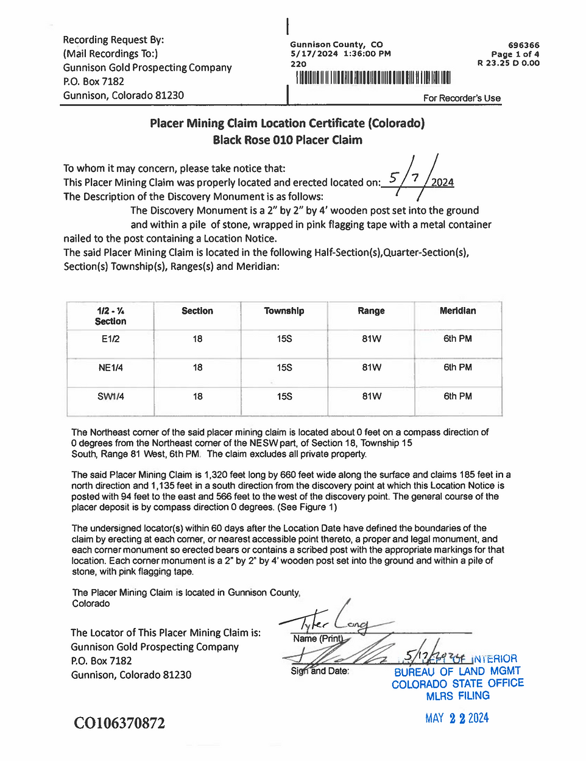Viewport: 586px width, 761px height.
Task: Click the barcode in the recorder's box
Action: click(x=373, y=77)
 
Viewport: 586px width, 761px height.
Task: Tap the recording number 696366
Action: click(x=523, y=45)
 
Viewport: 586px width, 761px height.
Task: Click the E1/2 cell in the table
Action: click(x=110, y=339)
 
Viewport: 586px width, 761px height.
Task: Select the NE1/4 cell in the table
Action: click(x=110, y=367)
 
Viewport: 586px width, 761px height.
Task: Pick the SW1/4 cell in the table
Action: click(x=110, y=396)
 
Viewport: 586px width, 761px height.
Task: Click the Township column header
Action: click(x=284, y=311)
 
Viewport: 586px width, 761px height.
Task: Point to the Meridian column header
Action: click(x=457, y=311)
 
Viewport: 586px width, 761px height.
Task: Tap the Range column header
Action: click(x=371, y=311)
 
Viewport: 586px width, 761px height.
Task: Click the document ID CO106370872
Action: click(x=119, y=723)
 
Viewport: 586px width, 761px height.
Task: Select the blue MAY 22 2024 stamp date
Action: click(x=457, y=718)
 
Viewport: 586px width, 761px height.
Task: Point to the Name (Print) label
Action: click(x=317, y=639)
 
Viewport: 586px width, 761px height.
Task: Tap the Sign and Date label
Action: click(x=320, y=671)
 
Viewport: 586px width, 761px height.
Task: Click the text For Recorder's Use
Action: click(x=462, y=98)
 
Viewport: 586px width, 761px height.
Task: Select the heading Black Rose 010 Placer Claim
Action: click(x=288, y=140)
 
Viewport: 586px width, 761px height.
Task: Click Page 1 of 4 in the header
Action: click(x=515, y=54)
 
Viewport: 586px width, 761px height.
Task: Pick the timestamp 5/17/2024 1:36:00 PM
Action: click(x=341, y=54)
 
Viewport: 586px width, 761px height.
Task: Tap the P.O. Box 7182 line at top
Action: click(x=94, y=82)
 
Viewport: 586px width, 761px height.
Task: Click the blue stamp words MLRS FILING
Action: click(x=457, y=696)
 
